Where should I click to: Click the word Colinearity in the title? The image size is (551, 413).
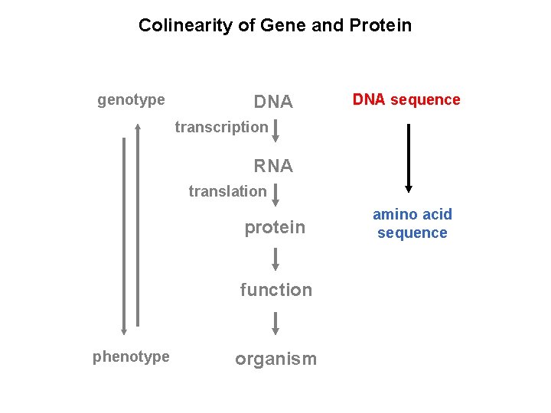pyautogui.click(x=185, y=25)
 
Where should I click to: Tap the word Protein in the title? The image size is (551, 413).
pyautogui.click(x=380, y=25)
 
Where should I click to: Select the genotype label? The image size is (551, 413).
pyautogui.click(x=131, y=100)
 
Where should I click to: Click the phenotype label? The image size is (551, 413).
pyautogui.click(x=131, y=357)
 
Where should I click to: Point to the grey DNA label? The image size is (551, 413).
pyautogui.click(x=273, y=102)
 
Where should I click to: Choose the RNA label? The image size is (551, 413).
pyautogui.click(x=273, y=166)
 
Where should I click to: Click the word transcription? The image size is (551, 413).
pyautogui.click(x=222, y=128)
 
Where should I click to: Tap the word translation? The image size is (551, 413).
pyautogui.click(x=228, y=191)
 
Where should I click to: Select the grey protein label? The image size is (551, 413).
pyautogui.click(x=275, y=228)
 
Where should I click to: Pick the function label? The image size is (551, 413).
pyautogui.click(x=276, y=290)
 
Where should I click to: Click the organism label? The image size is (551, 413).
pyautogui.click(x=276, y=359)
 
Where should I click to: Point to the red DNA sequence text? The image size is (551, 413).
pyautogui.click(x=406, y=100)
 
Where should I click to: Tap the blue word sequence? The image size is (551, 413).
pyautogui.click(x=412, y=233)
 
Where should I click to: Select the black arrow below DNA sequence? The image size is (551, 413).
pyautogui.click(x=409, y=158)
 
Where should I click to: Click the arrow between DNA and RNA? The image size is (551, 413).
pyautogui.click(x=275, y=131)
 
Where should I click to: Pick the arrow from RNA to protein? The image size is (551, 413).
pyautogui.click(x=275, y=195)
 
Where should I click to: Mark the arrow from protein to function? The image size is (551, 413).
pyautogui.click(x=275, y=259)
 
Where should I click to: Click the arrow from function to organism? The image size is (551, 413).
pyautogui.click(x=275, y=324)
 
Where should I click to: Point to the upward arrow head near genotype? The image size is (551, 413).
pyautogui.click(x=138, y=126)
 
